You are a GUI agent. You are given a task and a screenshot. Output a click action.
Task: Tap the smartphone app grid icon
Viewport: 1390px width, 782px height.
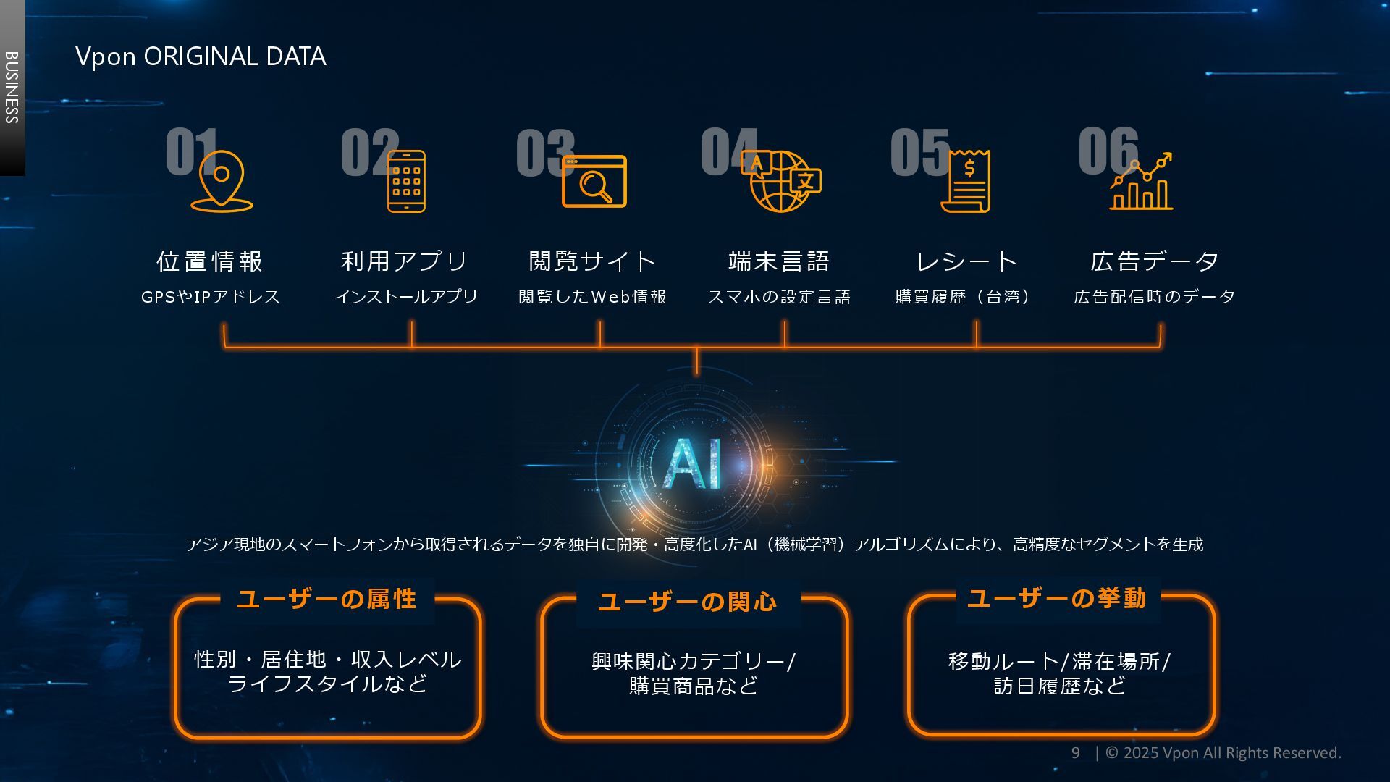[x=406, y=181]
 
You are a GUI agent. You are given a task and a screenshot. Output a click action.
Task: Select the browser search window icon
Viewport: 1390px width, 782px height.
[x=594, y=182]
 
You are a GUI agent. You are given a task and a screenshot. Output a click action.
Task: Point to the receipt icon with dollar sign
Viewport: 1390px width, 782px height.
[x=966, y=181]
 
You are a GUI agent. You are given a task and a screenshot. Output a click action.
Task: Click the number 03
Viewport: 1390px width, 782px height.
[x=544, y=153]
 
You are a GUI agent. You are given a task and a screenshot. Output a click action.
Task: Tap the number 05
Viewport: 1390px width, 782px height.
[x=919, y=152]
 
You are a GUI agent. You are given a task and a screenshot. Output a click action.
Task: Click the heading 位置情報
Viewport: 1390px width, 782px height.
[x=209, y=261]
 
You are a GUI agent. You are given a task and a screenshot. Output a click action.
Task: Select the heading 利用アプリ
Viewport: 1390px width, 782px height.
[x=405, y=261]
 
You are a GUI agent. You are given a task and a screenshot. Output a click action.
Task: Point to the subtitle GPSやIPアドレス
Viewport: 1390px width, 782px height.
[x=210, y=297]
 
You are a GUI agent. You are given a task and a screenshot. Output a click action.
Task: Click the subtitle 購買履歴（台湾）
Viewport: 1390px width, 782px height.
[x=963, y=297]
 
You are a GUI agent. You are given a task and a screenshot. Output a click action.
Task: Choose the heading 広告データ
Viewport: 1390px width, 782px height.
[x=1155, y=261]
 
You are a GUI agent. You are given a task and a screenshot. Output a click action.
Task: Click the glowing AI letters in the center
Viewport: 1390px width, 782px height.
[x=693, y=463]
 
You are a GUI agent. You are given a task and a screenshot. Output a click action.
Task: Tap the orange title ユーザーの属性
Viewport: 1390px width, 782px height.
[x=327, y=600]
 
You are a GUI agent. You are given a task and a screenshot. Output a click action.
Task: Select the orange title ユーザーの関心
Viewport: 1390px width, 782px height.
[x=688, y=602]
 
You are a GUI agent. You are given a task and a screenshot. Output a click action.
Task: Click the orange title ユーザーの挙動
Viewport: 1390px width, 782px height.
[x=1057, y=599]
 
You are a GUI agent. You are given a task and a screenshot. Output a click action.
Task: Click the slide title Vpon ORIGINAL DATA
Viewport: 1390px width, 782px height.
[x=201, y=56]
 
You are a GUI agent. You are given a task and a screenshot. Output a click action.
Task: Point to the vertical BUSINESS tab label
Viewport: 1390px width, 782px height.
[x=12, y=87]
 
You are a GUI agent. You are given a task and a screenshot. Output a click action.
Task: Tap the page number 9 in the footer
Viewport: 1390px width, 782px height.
[x=1076, y=753]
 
